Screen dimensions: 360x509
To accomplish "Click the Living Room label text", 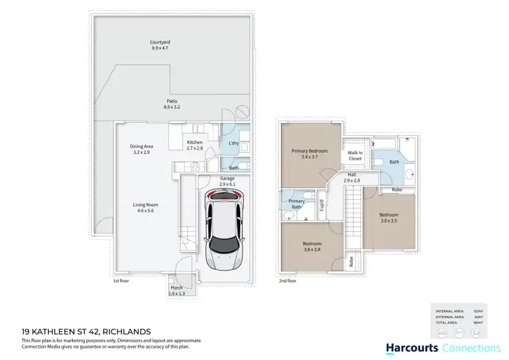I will [146, 207].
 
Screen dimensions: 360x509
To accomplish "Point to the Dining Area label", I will [141, 149].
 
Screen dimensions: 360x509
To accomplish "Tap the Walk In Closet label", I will [355, 156].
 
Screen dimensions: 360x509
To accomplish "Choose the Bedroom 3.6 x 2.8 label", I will [312, 246].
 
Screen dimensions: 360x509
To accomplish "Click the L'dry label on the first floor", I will [233, 143].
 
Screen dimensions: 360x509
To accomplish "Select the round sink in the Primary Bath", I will [289, 214].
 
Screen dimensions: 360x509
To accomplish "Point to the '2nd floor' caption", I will [287, 280].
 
